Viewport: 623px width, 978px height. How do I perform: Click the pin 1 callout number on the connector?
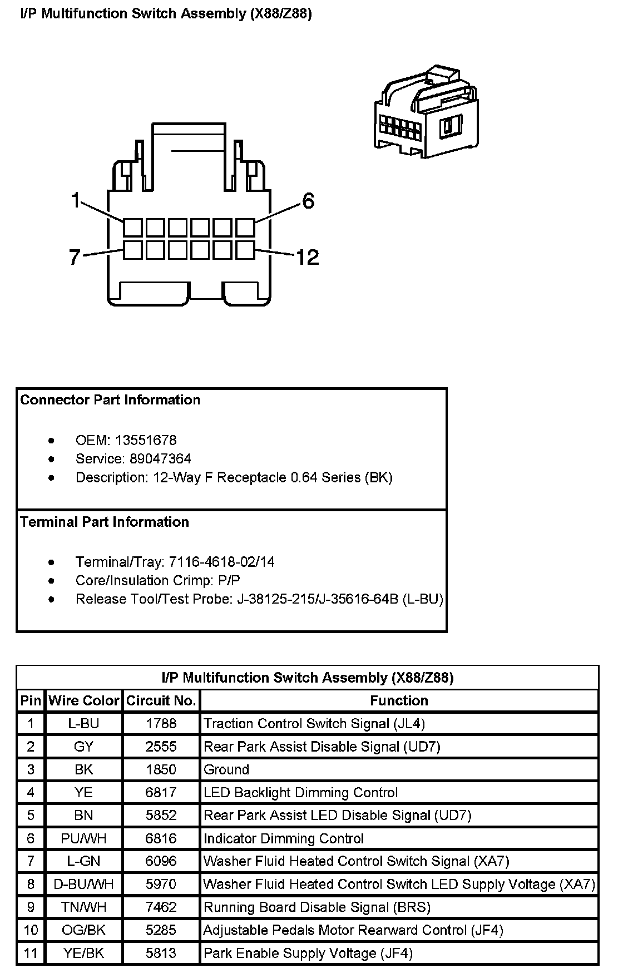pyautogui.click(x=76, y=201)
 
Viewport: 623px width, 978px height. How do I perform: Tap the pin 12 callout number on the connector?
pyautogui.click(x=307, y=257)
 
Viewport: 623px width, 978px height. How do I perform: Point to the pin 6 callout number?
pyautogui.click(x=308, y=201)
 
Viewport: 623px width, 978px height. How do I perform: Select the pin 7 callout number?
pyautogui.click(x=75, y=258)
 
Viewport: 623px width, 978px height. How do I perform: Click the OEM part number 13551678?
pyautogui.click(x=146, y=441)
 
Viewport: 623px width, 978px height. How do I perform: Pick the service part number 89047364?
pyautogui.click(x=160, y=459)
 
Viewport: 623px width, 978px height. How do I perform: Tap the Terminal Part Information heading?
pyautogui.click(x=105, y=522)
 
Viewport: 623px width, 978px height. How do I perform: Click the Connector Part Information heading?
pyautogui.click(x=110, y=400)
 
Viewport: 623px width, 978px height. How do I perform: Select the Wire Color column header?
pyautogui.click(x=84, y=700)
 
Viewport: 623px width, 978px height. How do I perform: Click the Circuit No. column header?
pyautogui.click(x=161, y=700)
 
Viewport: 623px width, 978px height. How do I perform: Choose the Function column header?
pyautogui.click(x=399, y=700)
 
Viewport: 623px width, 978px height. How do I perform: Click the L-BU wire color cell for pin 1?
pyautogui.click(x=84, y=723)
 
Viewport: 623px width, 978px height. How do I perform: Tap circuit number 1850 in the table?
pyautogui.click(x=161, y=769)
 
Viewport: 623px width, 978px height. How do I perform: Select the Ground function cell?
pyautogui.click(x=226, y=769)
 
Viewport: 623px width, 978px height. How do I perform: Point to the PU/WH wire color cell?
pyautogui.click(x=84, y=838)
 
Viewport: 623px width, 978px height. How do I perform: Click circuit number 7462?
pyautogui.click(x=161, y=907)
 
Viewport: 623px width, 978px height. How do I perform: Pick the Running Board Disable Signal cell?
pyautogui.click(x=317, y=907)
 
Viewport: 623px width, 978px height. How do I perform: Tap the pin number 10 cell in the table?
pyautogui.click(x=31, y=930)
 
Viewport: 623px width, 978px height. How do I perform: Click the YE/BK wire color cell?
pyautogui.click(x=84, y=953)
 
